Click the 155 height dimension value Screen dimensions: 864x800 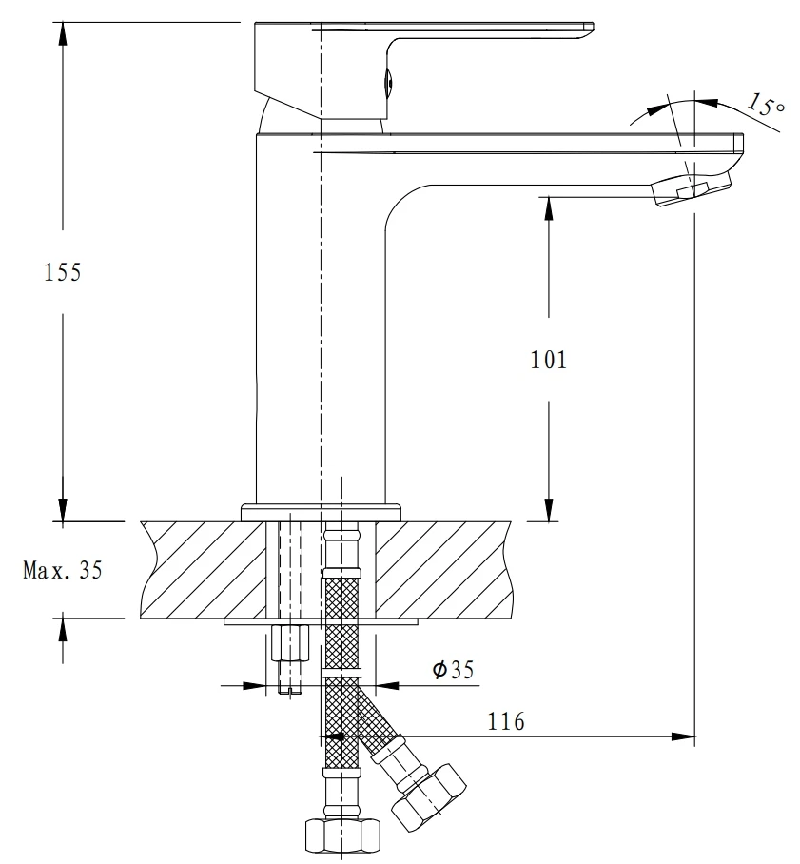click(63, 272)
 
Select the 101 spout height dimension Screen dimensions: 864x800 click(548, 360)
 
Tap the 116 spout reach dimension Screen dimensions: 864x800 click(506, 722)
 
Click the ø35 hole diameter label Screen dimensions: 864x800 click(453, 671)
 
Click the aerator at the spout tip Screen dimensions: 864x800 click(684, 190)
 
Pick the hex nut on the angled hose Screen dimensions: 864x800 click(430, 793)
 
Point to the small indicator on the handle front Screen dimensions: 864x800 click(386, 84)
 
